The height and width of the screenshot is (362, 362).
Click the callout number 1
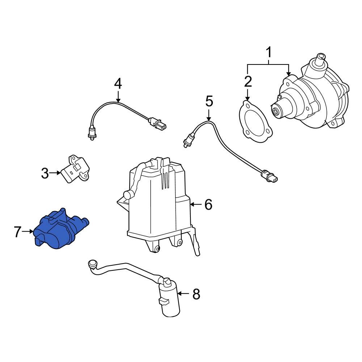[269, 53]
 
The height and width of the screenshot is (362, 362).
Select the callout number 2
[248, 82]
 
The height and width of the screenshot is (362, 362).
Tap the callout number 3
[45, 173]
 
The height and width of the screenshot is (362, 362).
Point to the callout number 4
[118, 84]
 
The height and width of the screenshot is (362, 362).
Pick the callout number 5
[209, 101]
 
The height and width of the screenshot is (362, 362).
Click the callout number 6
[208, 205]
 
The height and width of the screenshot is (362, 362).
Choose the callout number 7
[18, 232]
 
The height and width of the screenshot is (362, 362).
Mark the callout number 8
[196, 294]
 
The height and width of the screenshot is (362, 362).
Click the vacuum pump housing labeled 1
[311, 98]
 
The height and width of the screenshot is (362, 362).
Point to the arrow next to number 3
[55, 173]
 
